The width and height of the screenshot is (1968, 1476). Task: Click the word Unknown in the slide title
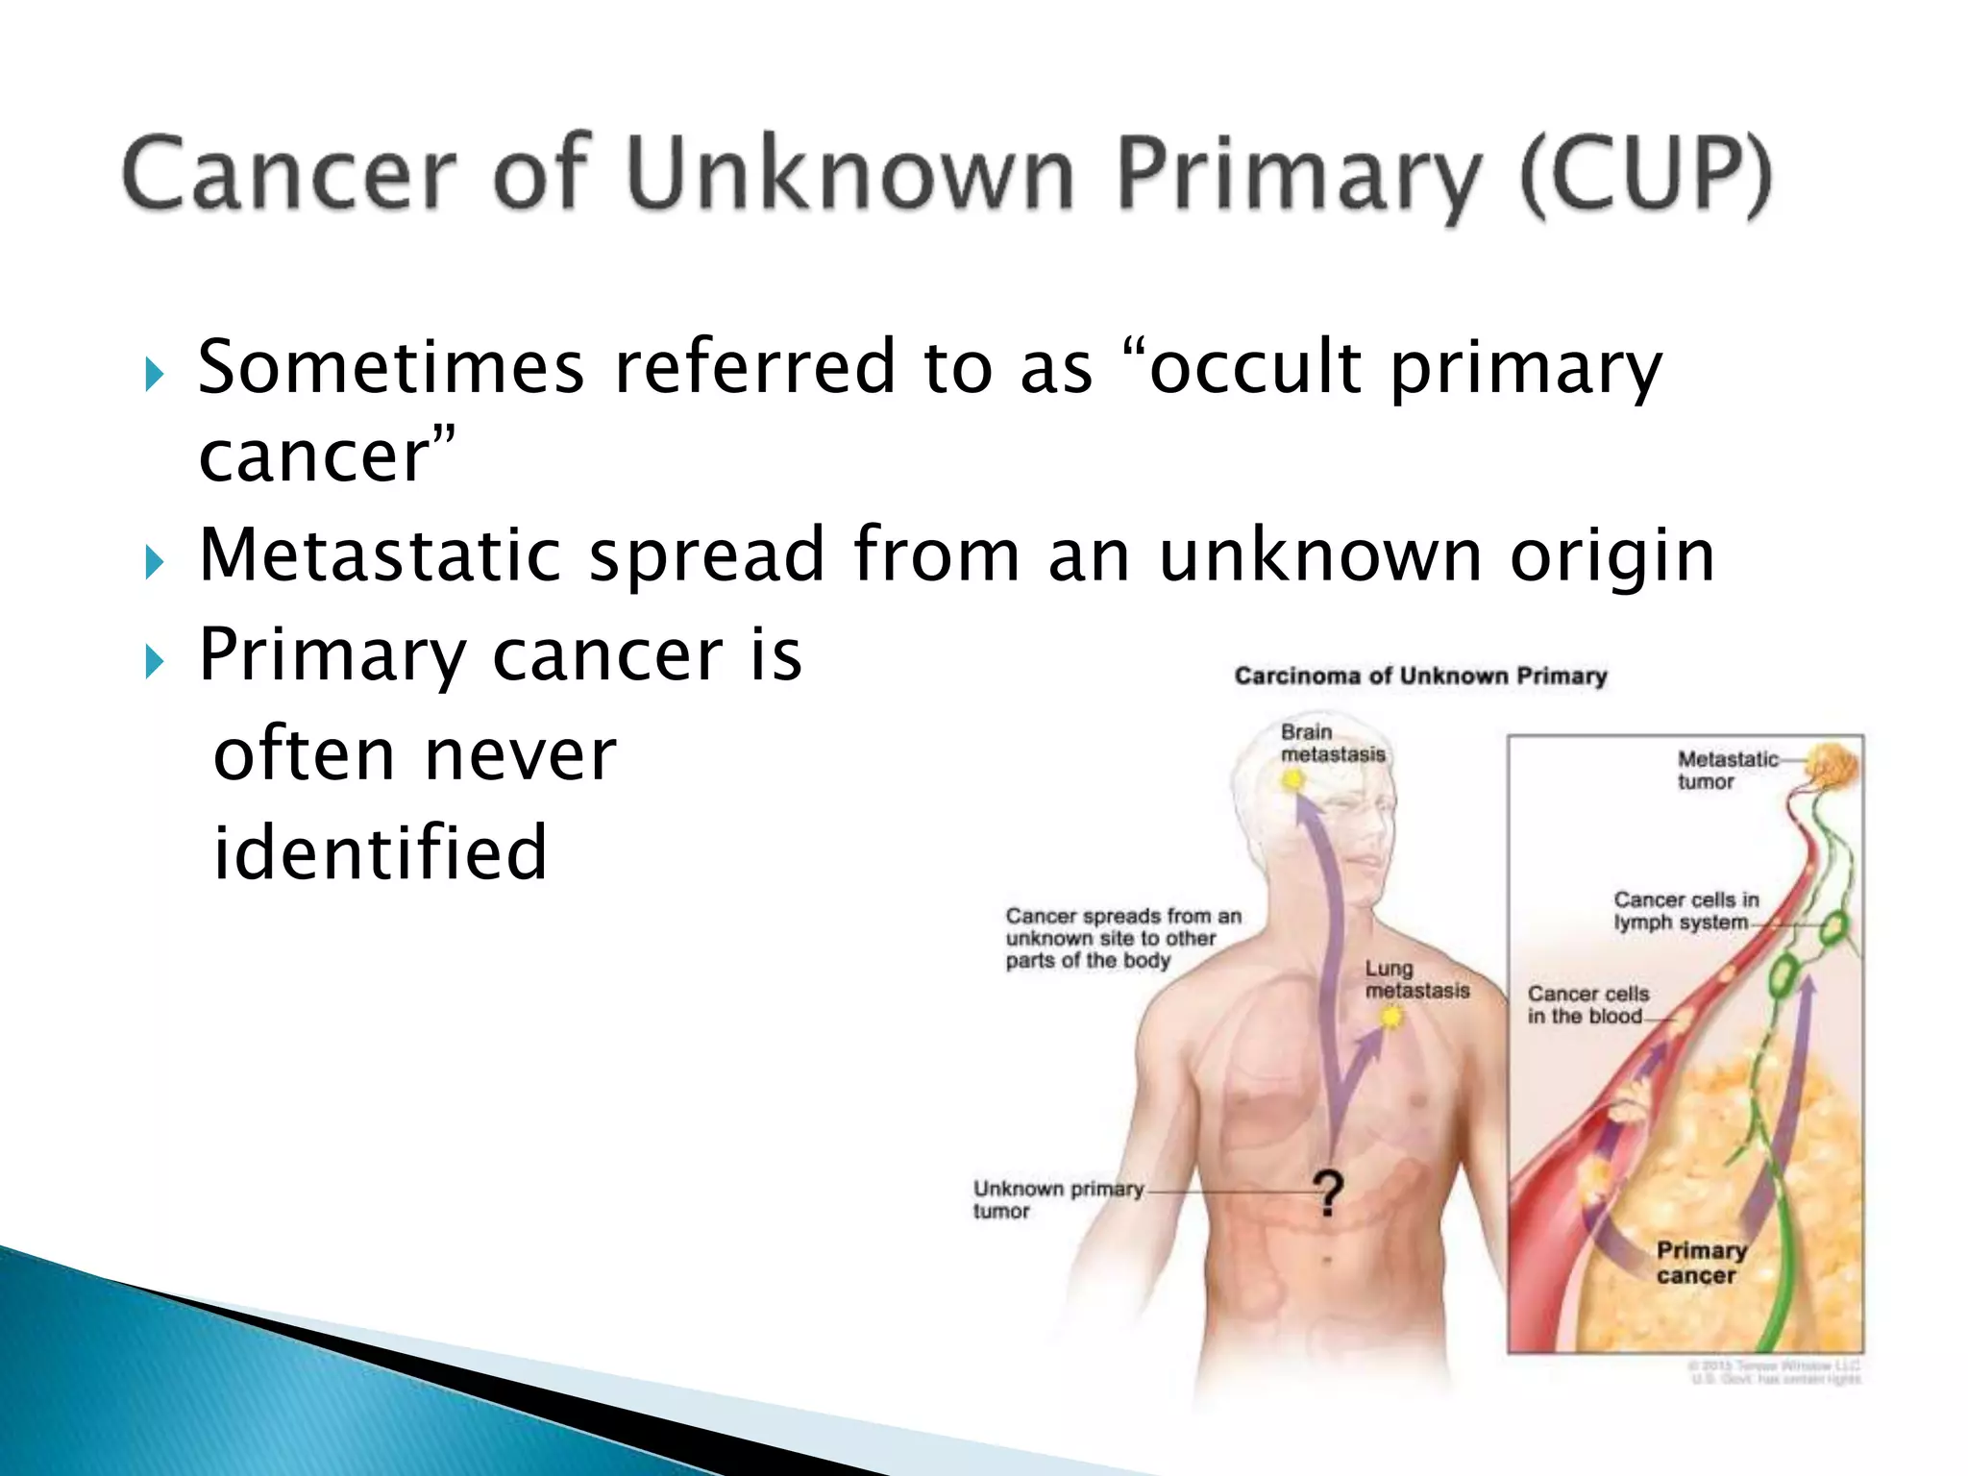849,175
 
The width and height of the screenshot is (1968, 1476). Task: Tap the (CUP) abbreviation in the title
1644,177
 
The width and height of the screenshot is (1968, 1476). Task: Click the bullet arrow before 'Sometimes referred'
155,374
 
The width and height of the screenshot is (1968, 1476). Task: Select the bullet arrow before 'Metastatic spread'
155,561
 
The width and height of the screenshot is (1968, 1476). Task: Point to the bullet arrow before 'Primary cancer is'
155,662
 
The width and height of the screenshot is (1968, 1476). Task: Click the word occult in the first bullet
1255,368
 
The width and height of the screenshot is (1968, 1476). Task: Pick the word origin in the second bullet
1611,557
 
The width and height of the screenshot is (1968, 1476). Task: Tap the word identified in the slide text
380,852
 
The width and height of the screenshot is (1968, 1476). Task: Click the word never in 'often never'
520,755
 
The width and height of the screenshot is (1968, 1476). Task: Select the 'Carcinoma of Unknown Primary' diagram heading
1420,676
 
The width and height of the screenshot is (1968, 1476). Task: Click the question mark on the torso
1328,1194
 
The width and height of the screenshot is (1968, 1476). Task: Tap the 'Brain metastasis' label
1332,744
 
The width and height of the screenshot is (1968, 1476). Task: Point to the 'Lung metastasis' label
1416,979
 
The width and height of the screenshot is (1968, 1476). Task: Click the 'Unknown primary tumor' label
1057,1199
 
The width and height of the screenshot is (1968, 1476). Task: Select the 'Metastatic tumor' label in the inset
1726,770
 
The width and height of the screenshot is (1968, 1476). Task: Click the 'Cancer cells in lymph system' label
1685,911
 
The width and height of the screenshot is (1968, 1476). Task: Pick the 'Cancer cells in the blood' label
1587,1004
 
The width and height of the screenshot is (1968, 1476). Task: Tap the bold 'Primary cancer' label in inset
1700,1263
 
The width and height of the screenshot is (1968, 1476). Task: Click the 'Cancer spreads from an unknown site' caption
1121,938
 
